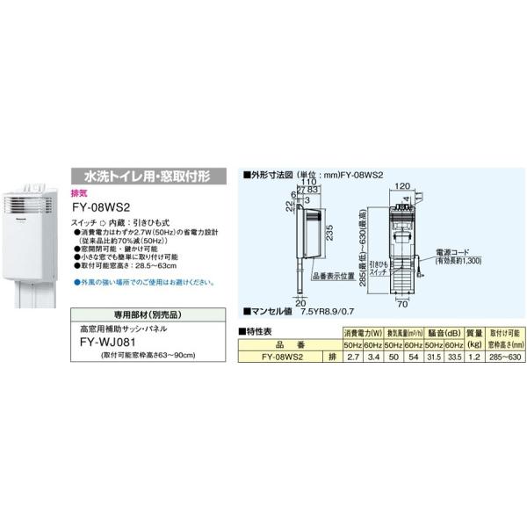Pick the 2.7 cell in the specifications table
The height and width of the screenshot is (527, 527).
[x=353, y=357]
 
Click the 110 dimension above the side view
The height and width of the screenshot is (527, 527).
[x=309, y=182]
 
